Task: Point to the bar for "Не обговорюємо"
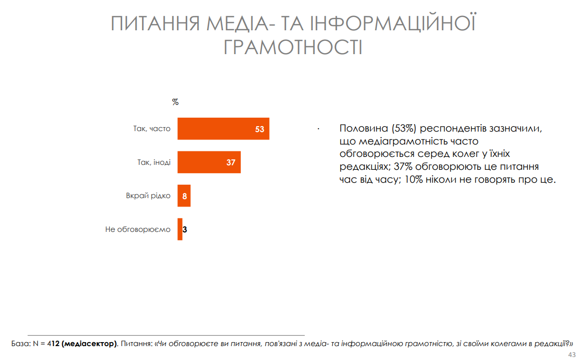point(180,229)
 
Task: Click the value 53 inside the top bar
point(259,129)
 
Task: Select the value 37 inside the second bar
point(230,162)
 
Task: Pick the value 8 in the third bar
point(184,196)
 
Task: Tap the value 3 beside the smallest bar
point(185,230)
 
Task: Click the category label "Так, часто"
point(151,129)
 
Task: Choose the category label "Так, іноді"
point(154,162)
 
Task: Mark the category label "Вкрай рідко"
point(148,196)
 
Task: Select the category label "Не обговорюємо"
point(138,229)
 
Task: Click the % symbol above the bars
point(175,102)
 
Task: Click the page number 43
point(571,355)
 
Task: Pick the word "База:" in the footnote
point(20,343)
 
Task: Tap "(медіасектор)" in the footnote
point(90,343)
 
